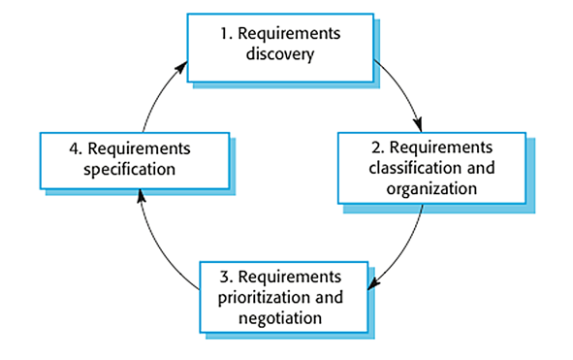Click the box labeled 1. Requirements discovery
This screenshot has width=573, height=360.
pos(280,46)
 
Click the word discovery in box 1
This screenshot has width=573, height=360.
pos(281,55)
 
